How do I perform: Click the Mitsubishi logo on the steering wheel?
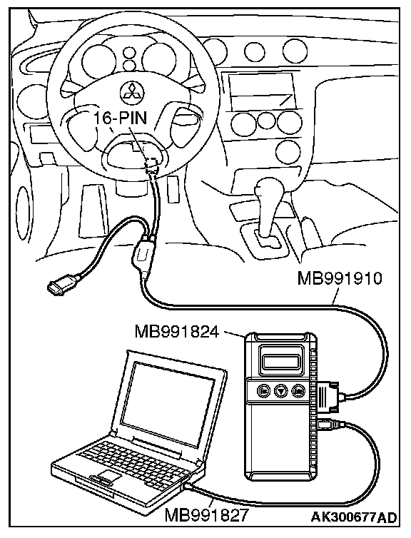tap(132, 92)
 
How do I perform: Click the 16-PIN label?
tap(121, 118)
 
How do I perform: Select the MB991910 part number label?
tap(340, 278)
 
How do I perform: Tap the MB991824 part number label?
tap(177, 332)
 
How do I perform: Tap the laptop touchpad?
tap(108, 476)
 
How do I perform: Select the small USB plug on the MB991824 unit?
tap(328, 425)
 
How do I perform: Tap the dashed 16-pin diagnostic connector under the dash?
tap(152, 164)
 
